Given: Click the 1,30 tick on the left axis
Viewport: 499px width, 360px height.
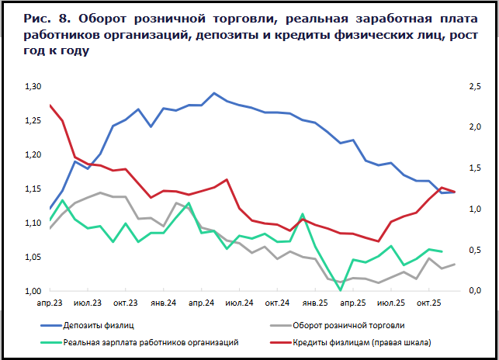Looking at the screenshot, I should point(33,86).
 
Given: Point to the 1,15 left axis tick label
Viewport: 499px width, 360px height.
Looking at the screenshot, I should point(33,189).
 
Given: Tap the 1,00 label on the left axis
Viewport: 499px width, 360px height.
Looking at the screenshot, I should point(33,291).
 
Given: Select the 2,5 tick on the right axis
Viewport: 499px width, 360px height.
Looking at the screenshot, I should point(471,86).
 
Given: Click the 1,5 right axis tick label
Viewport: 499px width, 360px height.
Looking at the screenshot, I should point(471,168).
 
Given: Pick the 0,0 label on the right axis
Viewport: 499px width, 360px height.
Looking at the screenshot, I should point(471,291).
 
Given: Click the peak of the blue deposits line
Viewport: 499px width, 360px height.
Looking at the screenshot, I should point(214,93).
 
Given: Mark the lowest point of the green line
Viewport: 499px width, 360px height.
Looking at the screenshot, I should point(341,290).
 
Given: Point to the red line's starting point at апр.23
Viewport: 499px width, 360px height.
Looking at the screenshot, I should point(50,105).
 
